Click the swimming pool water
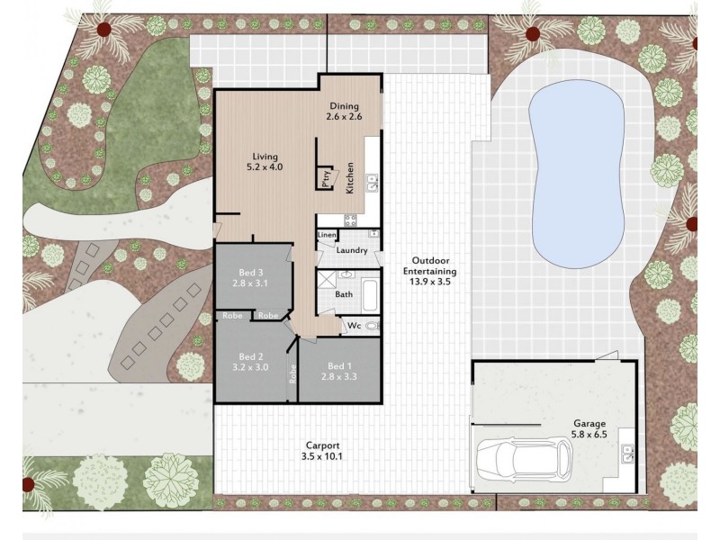pos(576,175)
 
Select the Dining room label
pos(345,112)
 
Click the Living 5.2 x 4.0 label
pos(265,162)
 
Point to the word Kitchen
pos(349,177)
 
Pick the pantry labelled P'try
pos(326,177)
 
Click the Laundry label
pos(352,250)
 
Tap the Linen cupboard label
pos(327,235)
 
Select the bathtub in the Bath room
pos(370,295)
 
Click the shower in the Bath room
pos(327,279)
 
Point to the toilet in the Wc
pos(373,326)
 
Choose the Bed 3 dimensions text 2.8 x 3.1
pos(250,283)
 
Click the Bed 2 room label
pos(250,362)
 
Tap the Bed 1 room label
pos(339,372)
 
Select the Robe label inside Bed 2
pos(292,373)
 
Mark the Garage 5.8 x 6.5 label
pos(589,428)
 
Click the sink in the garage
pos(627,453)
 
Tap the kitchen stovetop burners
pos(350,220)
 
